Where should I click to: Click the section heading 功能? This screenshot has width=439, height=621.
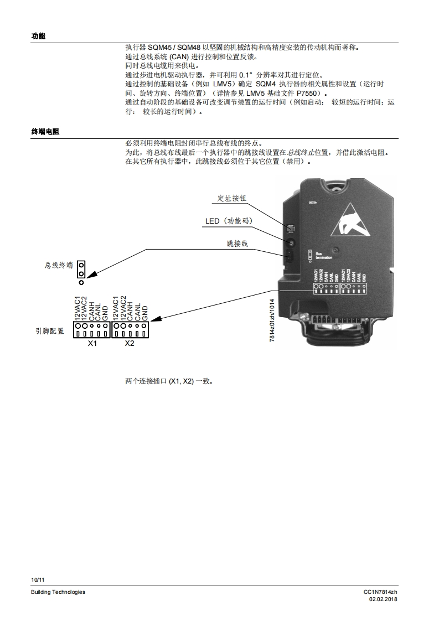38,36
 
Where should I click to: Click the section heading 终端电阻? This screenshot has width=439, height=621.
45,132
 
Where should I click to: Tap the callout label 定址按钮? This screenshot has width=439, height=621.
232,198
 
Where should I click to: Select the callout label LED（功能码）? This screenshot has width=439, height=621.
229,221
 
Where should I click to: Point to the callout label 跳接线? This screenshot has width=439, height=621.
237,243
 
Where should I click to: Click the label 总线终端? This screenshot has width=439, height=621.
59,266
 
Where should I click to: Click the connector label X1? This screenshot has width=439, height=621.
92,344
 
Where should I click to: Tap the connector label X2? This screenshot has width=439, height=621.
130,344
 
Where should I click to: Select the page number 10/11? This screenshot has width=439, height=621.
38,579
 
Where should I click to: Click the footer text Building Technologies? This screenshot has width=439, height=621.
58,592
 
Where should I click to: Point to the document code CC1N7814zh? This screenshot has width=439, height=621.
380,592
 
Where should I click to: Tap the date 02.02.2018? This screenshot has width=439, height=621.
384,599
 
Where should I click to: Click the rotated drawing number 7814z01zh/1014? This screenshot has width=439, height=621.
272,321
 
